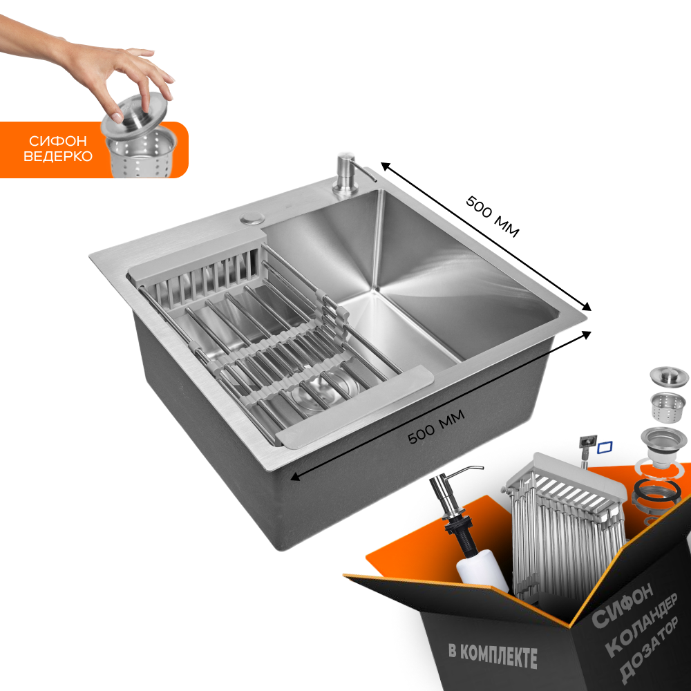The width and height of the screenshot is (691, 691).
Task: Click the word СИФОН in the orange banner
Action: click(x=58, y=141)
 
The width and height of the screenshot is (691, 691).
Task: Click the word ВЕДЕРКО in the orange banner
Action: click(x=58, y=156)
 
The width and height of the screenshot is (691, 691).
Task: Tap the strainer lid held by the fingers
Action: click(x=135, y=115)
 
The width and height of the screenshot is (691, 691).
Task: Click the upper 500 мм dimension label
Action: click(x=493, y=216)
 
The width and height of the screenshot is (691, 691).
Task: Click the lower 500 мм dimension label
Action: click(x=436, y=426)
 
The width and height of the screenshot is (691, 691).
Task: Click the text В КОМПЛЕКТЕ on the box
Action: click(x=493, y=655)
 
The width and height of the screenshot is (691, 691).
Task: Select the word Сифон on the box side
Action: click(x=623, y=605)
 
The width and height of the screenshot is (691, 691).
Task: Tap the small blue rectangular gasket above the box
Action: click(x=605, y=447)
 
